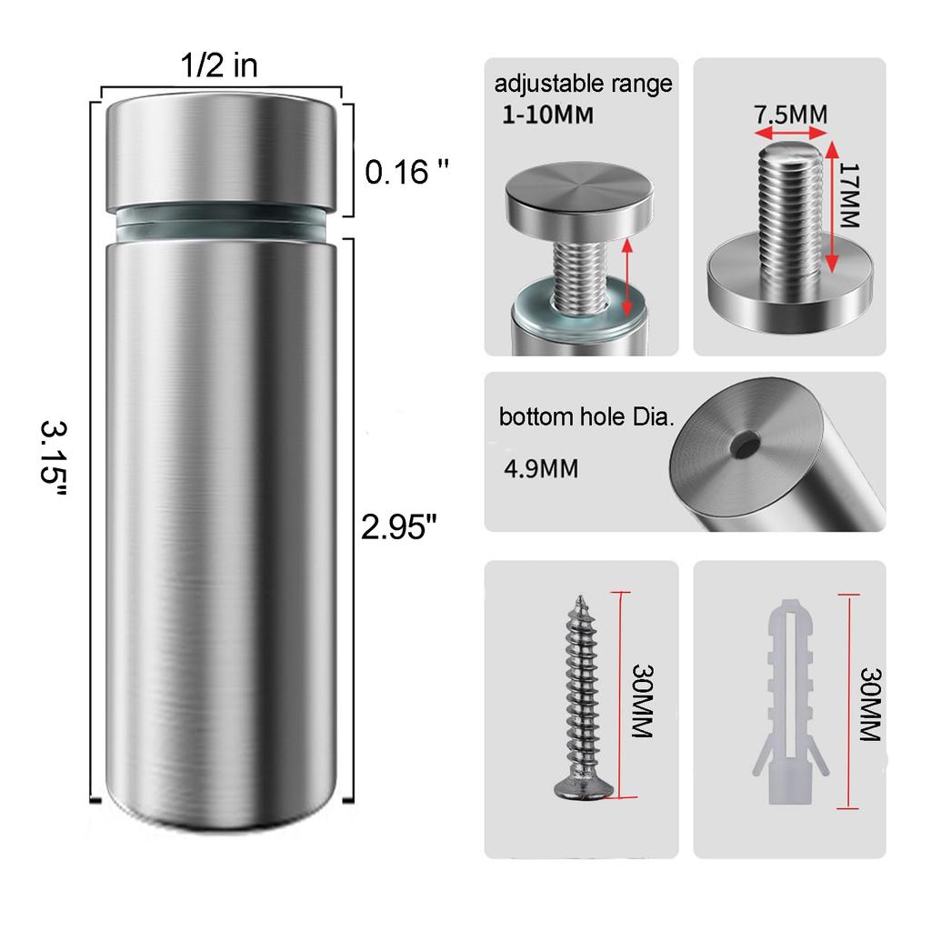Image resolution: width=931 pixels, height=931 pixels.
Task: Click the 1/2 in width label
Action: pos(220,65)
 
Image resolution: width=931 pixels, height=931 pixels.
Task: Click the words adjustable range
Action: pos(583,85)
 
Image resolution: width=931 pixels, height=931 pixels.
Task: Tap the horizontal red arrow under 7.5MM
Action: pos(791,134)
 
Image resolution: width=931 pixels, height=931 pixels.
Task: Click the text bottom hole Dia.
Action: pos(586,418)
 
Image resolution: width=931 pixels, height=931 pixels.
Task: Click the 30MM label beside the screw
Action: pos(643,700)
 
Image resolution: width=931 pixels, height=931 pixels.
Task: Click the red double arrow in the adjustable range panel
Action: pos(627,277)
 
